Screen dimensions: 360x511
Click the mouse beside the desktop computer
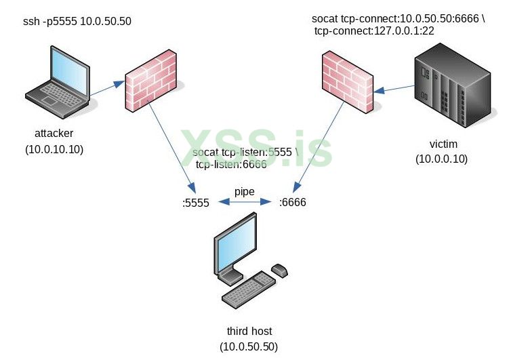[279, 271]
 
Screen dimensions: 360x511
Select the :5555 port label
[196, 202]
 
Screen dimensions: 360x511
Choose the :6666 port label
[293, 202]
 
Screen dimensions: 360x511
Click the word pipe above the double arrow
[244, 192]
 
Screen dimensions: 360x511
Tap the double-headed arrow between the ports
[244, 201]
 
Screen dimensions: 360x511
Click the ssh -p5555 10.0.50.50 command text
[77, 22]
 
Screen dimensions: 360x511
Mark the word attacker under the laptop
[54, 133]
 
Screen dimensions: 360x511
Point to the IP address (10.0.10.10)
[54, 149]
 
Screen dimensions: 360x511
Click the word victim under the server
[443, 144]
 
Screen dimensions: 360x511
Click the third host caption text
[249, 331]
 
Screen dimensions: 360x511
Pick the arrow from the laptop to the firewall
[106, 88]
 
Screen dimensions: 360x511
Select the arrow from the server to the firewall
[396, 89]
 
